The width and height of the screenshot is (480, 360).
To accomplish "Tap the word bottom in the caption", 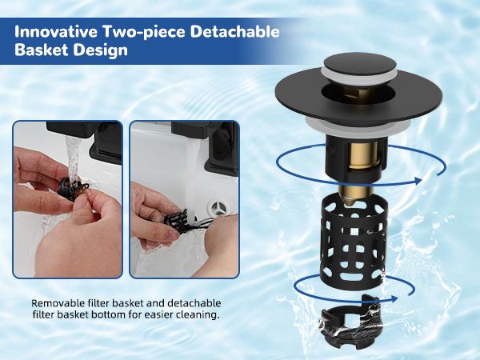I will click(129, 317).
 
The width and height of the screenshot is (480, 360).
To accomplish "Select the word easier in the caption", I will click(167, 317).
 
